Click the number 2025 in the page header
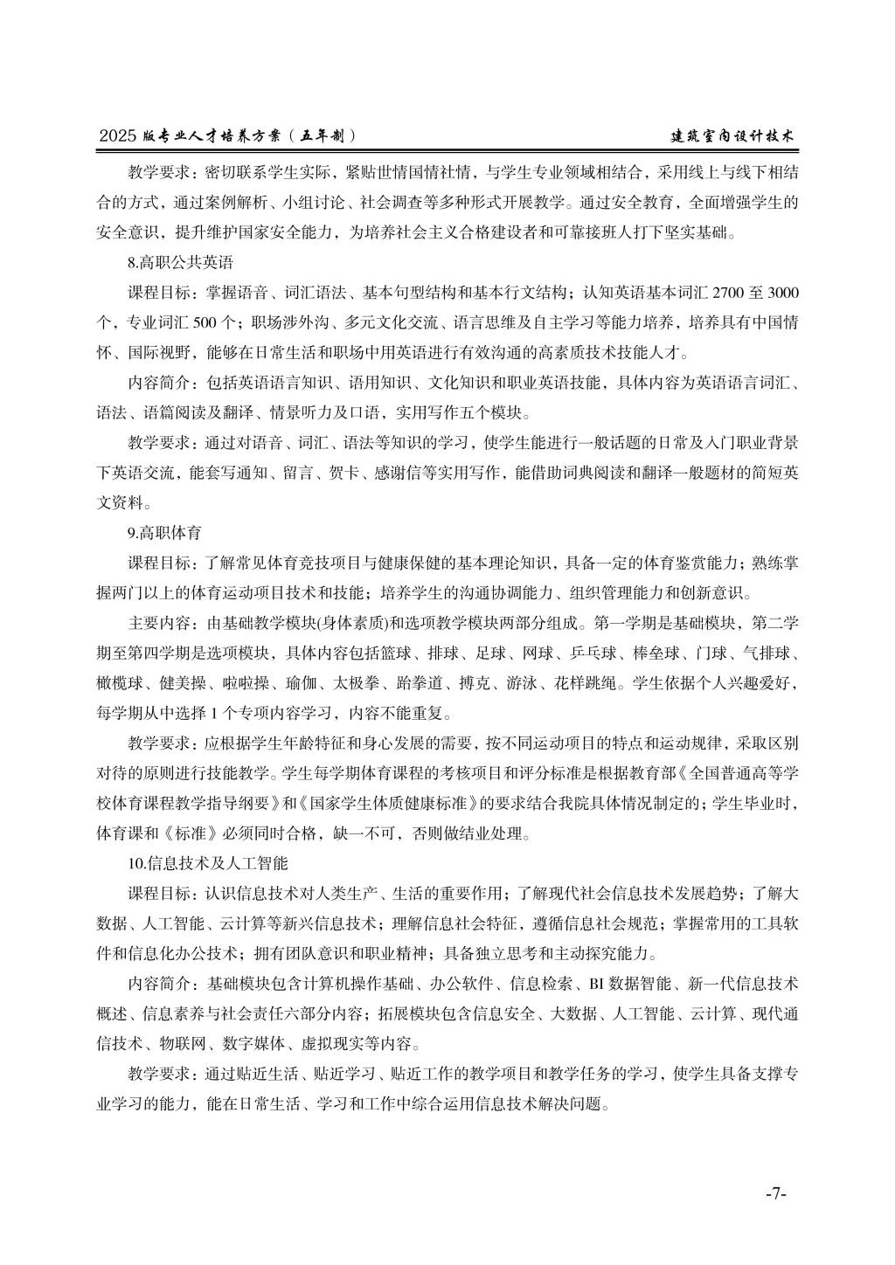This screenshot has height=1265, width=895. point(118,136)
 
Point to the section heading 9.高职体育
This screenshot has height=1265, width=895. point(165,532)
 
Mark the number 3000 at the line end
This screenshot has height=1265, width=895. point(780,292)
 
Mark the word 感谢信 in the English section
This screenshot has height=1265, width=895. point(402,473)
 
